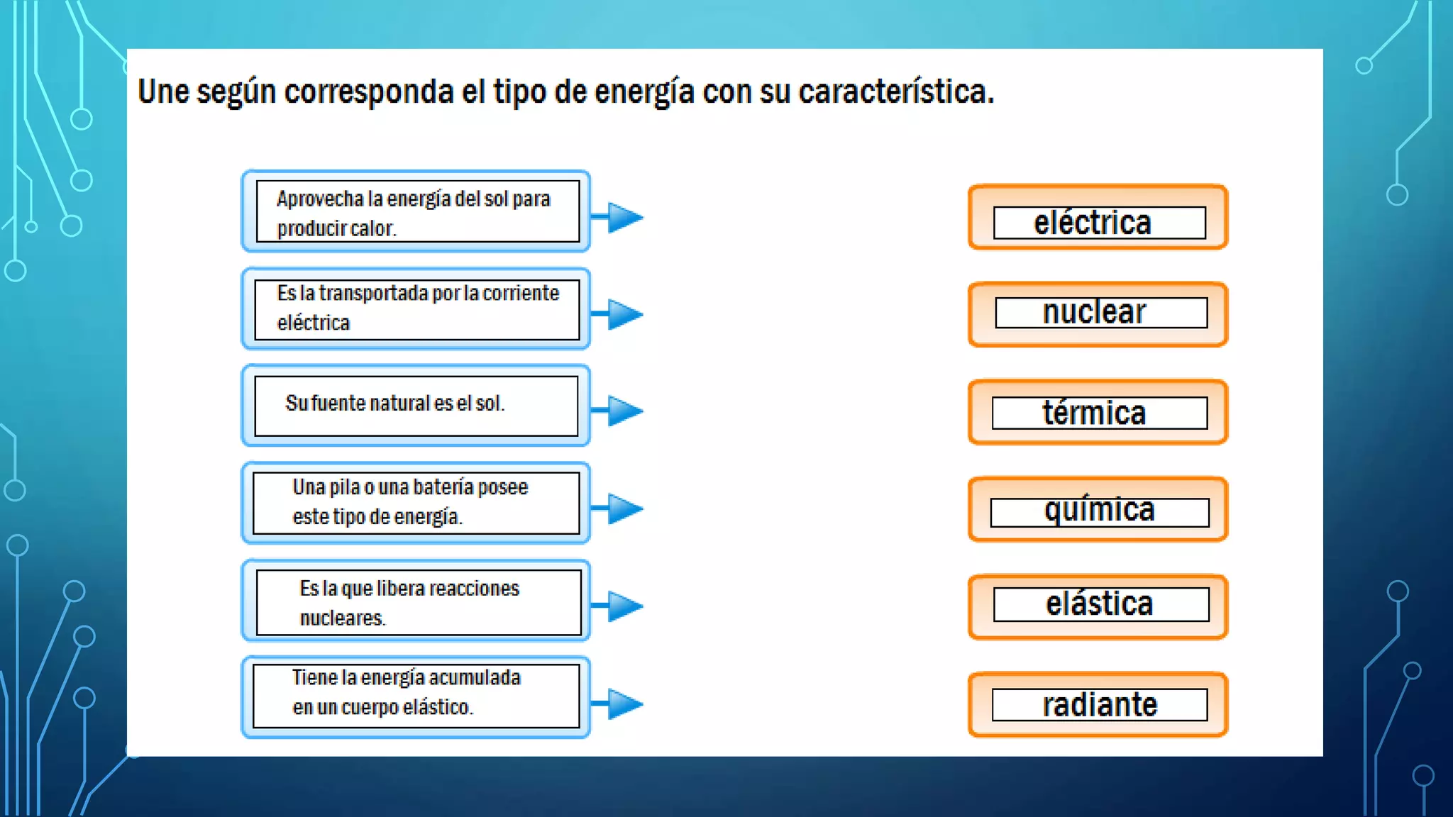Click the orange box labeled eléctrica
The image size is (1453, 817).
pos(1098,218)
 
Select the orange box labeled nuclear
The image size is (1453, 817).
pos(1098,314)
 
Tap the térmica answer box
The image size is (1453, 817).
pos(1098,412)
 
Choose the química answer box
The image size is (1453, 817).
pos(1098,509)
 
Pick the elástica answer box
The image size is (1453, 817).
pos(1098,607)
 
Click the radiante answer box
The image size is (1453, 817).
pos(1098,704)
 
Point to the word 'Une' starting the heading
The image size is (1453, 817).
pos(163,92)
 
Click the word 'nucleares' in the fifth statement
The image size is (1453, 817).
pos(342,618)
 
